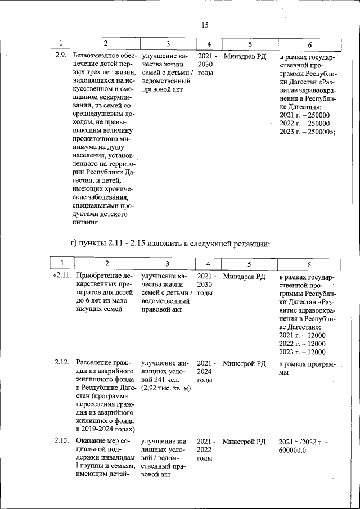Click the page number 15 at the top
pyautogui.click(x=204, y=24)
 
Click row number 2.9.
pyautogui.click(x=61, y=56)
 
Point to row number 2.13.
pyautogui.click(x=62, y=442)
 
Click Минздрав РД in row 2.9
pyautogui.click(x=245, y=56)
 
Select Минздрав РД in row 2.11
pyautogui.click(x=244, y=276)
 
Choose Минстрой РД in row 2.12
pyautogui.click(x=244, y=363)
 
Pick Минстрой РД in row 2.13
pyautogui.click(x=244, y=442)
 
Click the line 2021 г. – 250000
pyautogui.click(x=304, y=115)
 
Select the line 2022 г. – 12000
pyautogui.click(x=302, y=344)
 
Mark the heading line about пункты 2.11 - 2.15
pyautogui.click(x=170, y=244)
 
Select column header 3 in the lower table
pyautogui.click(x=168, y=263)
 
